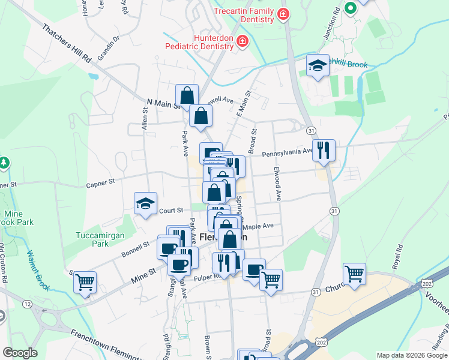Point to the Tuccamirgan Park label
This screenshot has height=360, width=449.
[92, 239]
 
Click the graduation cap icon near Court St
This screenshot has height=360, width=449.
[145, 204]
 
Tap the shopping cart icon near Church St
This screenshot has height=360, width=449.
[355, 274]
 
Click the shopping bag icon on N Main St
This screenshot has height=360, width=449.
[187, 95]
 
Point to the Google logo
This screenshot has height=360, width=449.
[20, 353]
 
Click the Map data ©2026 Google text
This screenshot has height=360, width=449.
[412, 355]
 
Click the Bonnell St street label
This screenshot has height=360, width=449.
[137, 246]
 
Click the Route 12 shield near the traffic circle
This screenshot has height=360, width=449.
[28, 305]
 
